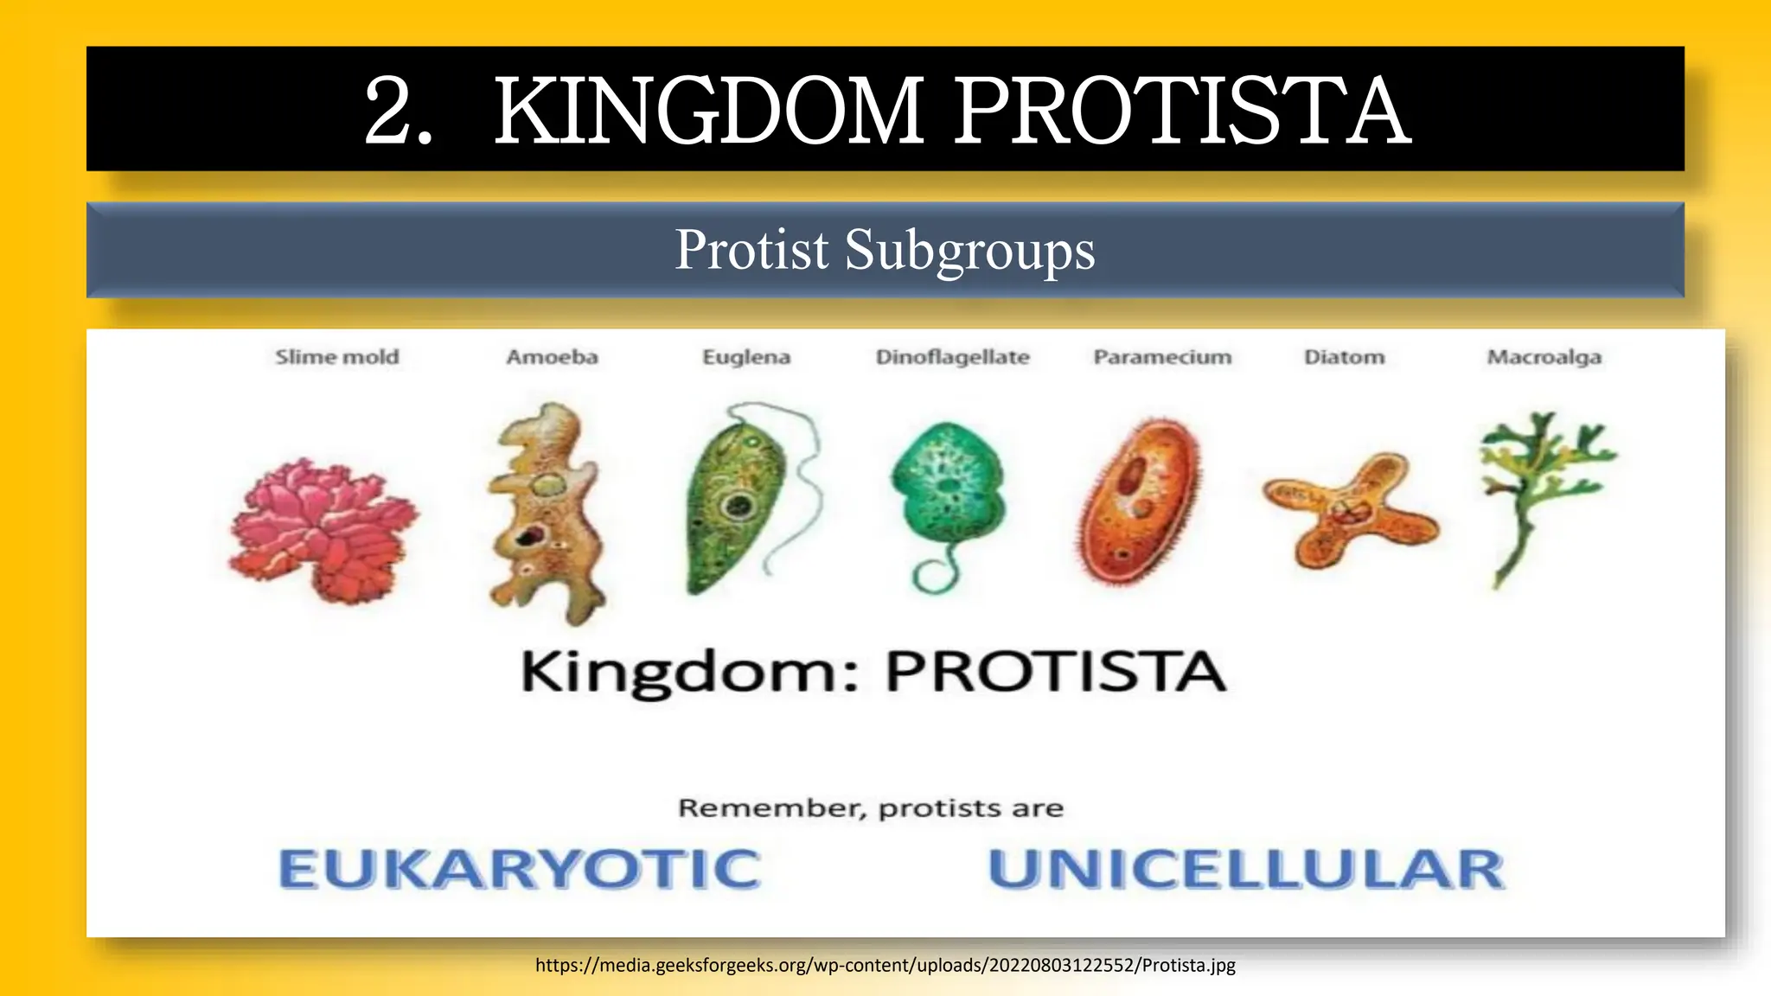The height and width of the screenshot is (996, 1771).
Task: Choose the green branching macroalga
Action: pos(1539,484)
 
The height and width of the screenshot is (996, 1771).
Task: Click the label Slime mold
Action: pos(337,357)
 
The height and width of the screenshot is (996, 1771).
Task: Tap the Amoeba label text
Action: pos(552,357)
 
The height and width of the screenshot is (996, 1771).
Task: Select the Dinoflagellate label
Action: pos(952,357)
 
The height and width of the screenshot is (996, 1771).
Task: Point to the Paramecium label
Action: pos(1162,357)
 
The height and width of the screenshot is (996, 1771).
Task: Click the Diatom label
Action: pos(1344,357)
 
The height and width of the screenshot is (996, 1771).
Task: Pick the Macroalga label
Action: pos(1544,357)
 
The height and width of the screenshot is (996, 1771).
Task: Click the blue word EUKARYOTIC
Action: pos(519,869)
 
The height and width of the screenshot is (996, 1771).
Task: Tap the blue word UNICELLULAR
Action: pos(1245,869)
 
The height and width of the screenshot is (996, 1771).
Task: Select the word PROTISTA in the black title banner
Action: pos(1182,111)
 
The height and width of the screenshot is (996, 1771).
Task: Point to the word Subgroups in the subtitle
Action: pos(969,250)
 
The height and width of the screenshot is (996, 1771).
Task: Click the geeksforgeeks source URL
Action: pos(885,965)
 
